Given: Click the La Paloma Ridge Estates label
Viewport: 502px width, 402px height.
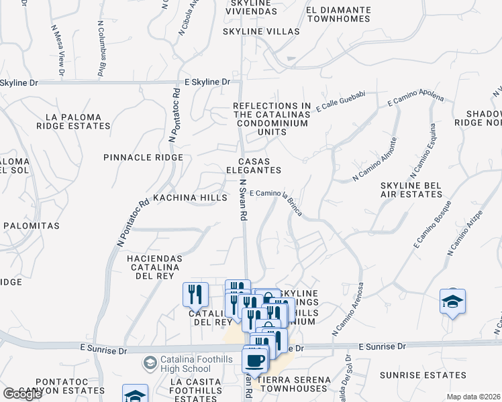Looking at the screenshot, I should point(73,121).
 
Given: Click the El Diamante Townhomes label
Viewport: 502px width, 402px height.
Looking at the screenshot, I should point(338,14).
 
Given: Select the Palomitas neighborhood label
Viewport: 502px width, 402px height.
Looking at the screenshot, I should point(32,226).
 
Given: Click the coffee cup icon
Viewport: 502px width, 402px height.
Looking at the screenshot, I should point(254,361).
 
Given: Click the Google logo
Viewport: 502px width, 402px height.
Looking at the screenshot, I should point(22,394).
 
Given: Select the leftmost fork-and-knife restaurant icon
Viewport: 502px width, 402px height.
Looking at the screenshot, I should point(195,294).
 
